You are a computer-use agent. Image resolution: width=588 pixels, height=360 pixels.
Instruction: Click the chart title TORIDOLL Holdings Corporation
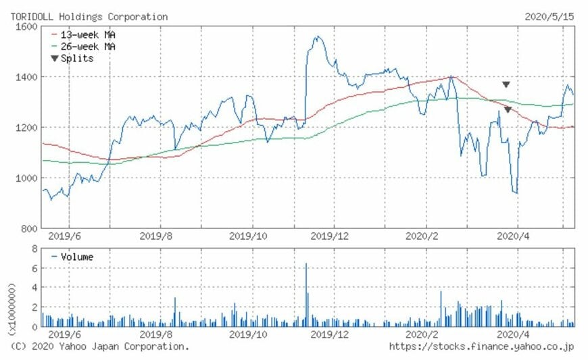pos(89,16)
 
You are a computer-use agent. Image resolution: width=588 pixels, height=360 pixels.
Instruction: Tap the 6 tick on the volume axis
pos(33,268)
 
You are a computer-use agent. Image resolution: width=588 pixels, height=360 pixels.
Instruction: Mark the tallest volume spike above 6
pos(306,264)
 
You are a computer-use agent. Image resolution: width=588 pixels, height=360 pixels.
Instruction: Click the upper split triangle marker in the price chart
pos(506,84)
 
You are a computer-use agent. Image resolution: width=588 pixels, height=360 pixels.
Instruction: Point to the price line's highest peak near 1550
pos(315,37)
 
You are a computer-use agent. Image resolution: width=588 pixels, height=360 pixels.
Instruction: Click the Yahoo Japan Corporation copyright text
pos(100,346)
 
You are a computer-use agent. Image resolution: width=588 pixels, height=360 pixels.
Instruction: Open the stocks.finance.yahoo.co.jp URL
pos(481,346)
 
